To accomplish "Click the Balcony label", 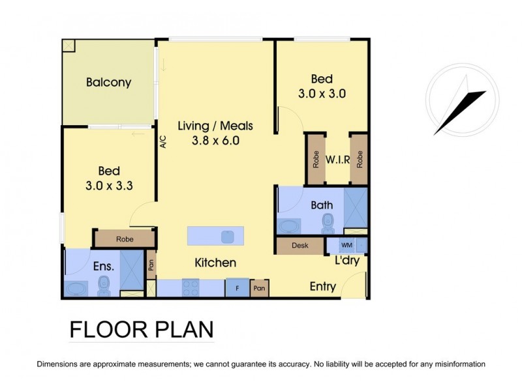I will (x=108, y=83).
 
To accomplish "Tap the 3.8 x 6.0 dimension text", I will (x=215, y=140).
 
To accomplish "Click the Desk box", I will (x=300, y=246).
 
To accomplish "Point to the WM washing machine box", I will (x=347, y=246).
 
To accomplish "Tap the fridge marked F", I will (x=237, y=287).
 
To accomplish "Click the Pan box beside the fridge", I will (x=259, y=287).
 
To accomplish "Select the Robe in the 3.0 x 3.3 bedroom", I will (x=125, y=239).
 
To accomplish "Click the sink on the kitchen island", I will (x=228, y=236).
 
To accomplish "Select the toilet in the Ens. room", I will (x=103, y=285).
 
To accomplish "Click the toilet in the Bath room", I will (x=328, y=224).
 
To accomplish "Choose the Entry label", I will (x=322, y=286).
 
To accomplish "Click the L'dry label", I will (x=347, y=261).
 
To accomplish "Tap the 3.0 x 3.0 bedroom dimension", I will (x=321, y=93).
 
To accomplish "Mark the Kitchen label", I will (x=215, y=263).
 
